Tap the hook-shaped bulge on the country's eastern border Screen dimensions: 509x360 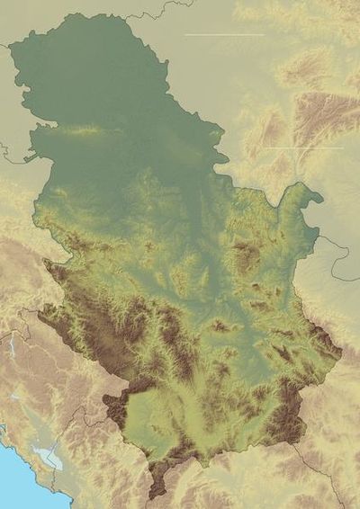coord(310,193)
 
